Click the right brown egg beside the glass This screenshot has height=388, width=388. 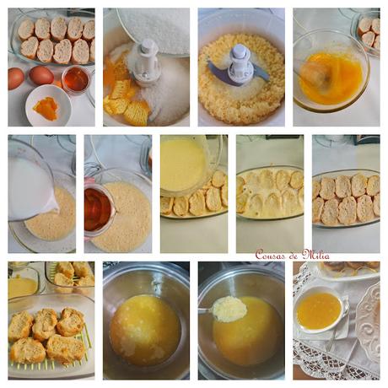click(x=41, y=76)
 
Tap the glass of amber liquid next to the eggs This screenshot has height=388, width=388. click(x=75, y=79)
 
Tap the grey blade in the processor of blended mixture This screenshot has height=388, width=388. click(x=221, y=76)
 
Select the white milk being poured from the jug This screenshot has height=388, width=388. click(x=29, y=191)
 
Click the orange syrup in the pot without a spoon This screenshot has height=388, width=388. click(x=144, y=328)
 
